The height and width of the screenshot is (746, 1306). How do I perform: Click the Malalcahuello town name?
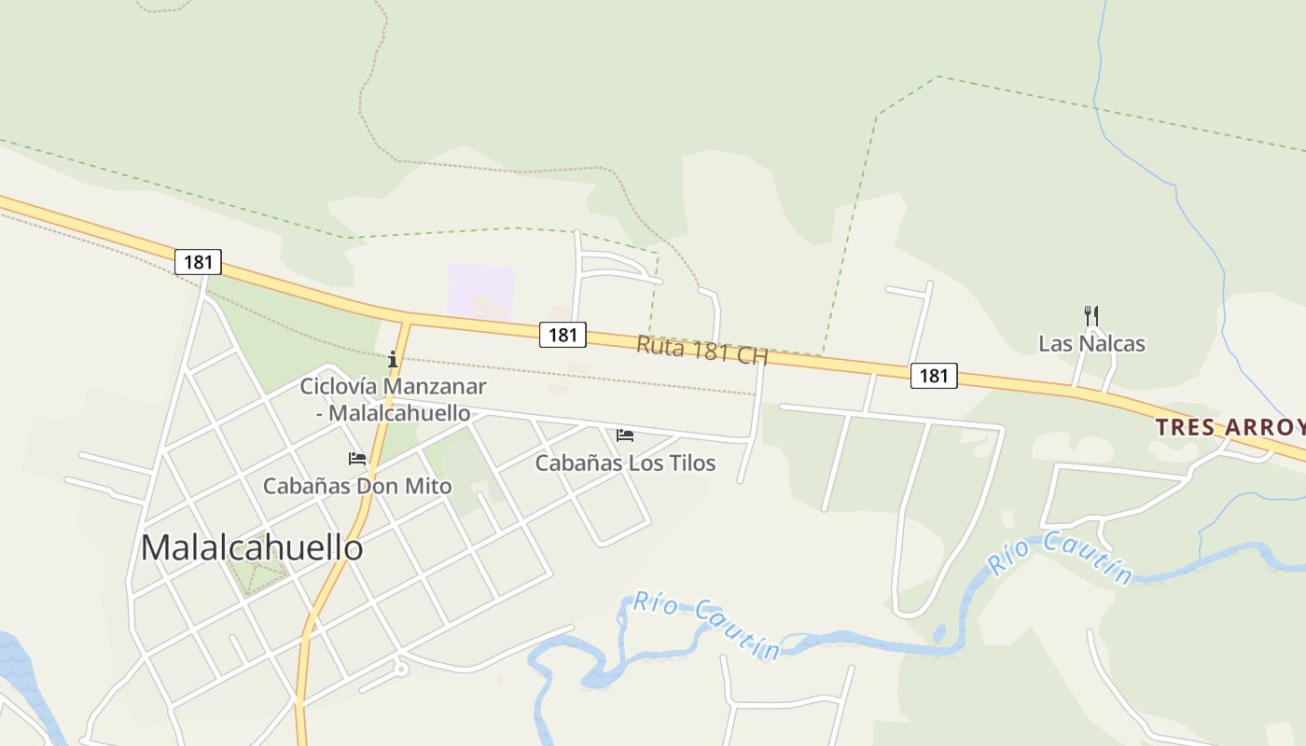click(252, 548)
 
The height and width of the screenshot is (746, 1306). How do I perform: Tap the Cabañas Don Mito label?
click(357, 486)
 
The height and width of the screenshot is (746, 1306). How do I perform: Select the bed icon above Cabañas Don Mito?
click(357, 458)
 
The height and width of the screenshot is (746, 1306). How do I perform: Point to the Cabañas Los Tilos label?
click(625, 463)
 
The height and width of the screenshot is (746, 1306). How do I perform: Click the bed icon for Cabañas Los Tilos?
click(625, 435)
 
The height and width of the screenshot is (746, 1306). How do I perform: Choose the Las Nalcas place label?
click(1091, 343)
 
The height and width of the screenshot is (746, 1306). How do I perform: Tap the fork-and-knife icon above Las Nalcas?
click(1091, 316)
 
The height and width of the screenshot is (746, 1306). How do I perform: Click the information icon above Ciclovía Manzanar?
click(393, 358)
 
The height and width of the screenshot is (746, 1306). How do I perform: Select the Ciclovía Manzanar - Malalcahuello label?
click(393, 398)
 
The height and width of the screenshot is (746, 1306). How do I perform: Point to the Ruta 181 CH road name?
click(702, 350)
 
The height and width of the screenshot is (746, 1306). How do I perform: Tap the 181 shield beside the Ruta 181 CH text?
click(563, 334)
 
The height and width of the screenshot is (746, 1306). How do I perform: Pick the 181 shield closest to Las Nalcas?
click(933, 375)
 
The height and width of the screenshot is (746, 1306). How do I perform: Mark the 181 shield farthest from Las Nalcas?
click(198, 262)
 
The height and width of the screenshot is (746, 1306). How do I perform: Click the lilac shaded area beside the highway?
click(480, 291)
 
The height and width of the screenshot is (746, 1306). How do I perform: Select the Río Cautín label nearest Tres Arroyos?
click(1060, 558)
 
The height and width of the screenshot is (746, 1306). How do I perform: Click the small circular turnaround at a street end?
click(401, 669)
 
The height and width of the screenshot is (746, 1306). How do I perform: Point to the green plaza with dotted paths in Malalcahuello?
click(254, 570)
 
